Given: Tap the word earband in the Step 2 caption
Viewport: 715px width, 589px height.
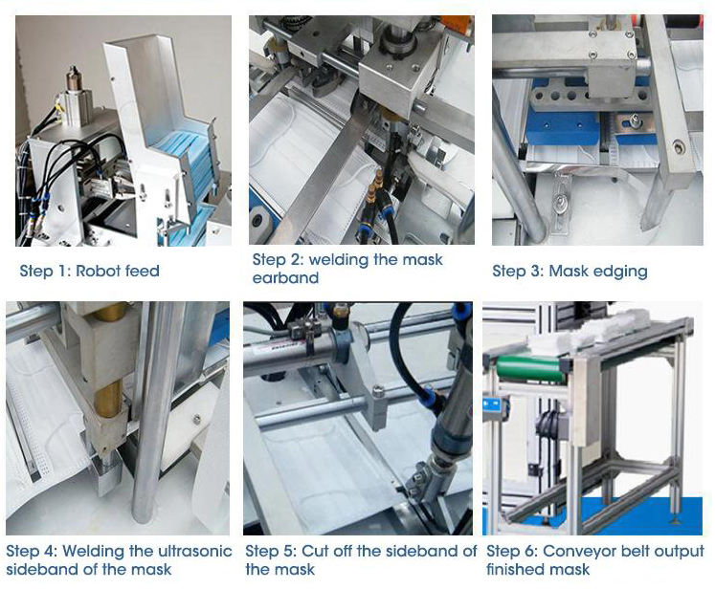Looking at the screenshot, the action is pos(285,278).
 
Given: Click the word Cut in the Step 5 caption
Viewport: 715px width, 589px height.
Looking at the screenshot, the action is pos(316,551).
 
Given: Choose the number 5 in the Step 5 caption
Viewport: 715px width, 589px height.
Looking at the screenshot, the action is pos(290,551).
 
